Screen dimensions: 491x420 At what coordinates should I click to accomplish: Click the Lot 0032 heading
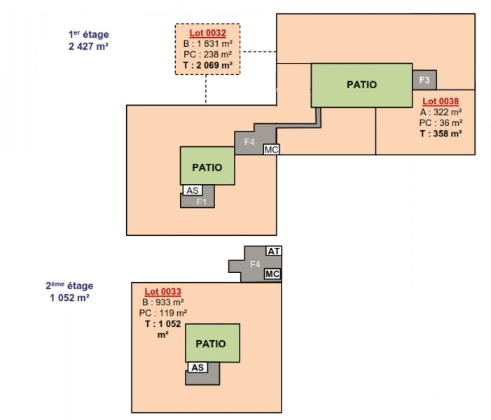pyautogui.click(x=207, y=33)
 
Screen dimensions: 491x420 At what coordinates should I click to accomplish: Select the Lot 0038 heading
pyautogui.click(x=441, y=101)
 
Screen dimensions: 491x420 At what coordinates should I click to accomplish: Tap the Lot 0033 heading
pyautogui.click(x=162, y=291)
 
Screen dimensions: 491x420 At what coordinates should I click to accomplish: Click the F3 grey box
pyautogui.click(x=424, y=80)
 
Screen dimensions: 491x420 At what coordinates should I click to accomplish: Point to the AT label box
pyautogui.click(x=274, y=251)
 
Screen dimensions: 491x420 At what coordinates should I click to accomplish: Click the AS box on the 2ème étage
pyautogui.click(x=198, y=367)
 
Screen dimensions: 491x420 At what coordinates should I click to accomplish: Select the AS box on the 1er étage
pyautogui.click(x=193, y=190)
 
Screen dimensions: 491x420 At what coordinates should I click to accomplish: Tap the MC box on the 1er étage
pyautogui.click(x=271, y=150)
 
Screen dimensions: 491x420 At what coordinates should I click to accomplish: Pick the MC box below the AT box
pyautogui.click(x=272, y=274)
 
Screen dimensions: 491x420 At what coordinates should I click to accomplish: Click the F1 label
pyautogui.click(x=201, y=202)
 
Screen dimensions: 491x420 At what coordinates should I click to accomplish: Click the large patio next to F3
pyautogui.click(x=361, y=85)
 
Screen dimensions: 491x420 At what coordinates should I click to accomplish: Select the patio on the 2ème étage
pyautogui.click(x=213, y=343)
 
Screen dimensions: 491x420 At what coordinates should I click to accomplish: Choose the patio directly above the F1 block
pyautogui.click(x=207, y=166)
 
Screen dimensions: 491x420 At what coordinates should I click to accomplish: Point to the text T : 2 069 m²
pyautogui.click(x=207, y=65)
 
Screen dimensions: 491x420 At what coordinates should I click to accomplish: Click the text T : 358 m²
pyautogui.click(x=441, y=134)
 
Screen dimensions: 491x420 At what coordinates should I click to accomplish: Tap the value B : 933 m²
pyautogui.click(x=162, y=302)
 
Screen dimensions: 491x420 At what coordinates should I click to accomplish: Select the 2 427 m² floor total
pyautogui.click(x=89, y=46)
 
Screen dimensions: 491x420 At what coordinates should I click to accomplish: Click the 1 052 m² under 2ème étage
pyautogui.click(x=69, y=297)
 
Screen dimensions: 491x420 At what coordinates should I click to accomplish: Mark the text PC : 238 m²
pyautogui.click(x=207, y=55)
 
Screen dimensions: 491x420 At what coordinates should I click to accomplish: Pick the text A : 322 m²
pyautogui.click(x=441, y=112)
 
